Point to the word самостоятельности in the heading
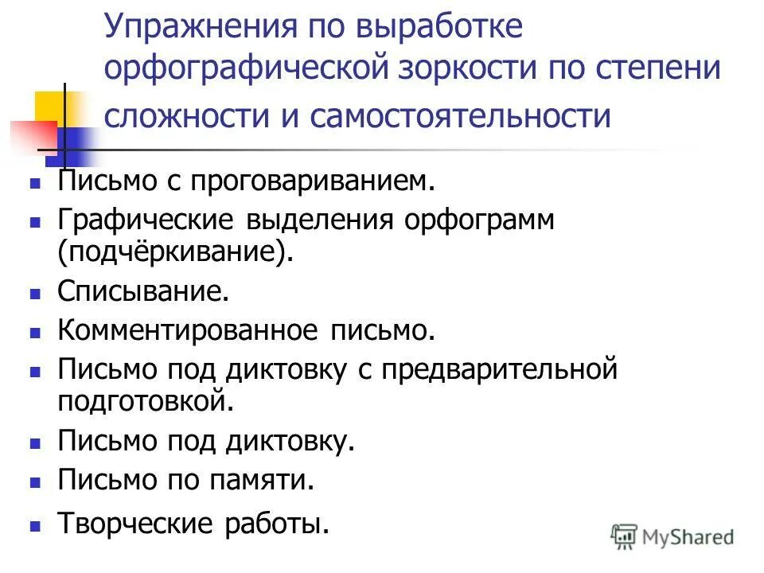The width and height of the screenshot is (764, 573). click(x=461, y=116)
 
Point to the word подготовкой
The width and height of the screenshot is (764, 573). click(x=146, y=400)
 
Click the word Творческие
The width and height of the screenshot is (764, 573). click(x=137, y=524)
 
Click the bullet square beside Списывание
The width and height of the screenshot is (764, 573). click(x=35, y=294)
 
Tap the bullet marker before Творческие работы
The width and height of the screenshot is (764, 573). click(x=35, y=527)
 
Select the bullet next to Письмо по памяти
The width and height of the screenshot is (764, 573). click(x=35, y=482)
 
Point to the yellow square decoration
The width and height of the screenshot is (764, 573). click(x=50, y=108)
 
